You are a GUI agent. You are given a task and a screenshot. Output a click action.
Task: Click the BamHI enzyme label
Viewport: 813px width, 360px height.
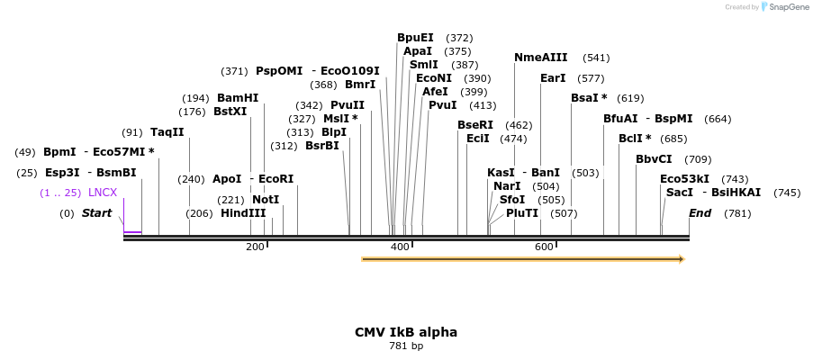[x=238, y=98]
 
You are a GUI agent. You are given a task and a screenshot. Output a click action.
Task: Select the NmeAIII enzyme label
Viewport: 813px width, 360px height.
[x=540, y=58]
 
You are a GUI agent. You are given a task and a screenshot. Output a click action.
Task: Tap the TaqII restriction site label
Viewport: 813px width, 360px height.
[x=167, y=132]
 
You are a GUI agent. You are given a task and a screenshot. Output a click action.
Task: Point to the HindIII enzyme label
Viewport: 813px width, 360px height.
[x=243, y=213]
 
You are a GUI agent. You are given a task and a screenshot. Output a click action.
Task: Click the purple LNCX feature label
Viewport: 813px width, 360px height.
[x=103, y=193]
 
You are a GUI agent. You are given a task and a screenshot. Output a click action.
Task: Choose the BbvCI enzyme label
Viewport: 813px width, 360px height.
[x=654, y=159]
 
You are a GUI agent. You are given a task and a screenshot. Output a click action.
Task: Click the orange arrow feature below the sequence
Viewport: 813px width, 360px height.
[x=522, y=259]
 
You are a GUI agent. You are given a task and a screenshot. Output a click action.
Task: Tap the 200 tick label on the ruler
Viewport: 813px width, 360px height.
[x=255, y=247]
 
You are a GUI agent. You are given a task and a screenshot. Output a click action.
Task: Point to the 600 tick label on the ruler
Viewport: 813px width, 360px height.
[x=544, y=247]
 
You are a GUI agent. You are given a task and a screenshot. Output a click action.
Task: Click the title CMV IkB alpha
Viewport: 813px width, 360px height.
[x=405, y=332]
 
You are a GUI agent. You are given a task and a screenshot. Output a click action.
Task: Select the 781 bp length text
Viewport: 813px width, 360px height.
[x=405, y=346]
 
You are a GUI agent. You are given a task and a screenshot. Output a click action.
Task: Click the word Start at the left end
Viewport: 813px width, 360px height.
[x=96, y=213]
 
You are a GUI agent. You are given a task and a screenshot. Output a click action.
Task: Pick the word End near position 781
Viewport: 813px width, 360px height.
[x=700, y=213]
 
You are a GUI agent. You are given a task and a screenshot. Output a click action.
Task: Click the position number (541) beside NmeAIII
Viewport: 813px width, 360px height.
[x=596, y=58]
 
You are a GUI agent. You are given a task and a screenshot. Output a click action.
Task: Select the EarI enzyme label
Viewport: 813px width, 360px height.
[x=553, y=78]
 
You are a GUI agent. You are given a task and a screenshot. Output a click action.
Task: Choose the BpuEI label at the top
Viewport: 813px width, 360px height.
[x=415, y=38]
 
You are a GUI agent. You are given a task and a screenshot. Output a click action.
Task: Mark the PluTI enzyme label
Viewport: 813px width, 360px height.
[x=522, y=213]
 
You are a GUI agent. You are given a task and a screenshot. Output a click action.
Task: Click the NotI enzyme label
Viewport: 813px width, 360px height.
[x=266, y=200]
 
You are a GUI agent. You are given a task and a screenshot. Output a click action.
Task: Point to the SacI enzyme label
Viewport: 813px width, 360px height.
[x=680, y=193]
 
